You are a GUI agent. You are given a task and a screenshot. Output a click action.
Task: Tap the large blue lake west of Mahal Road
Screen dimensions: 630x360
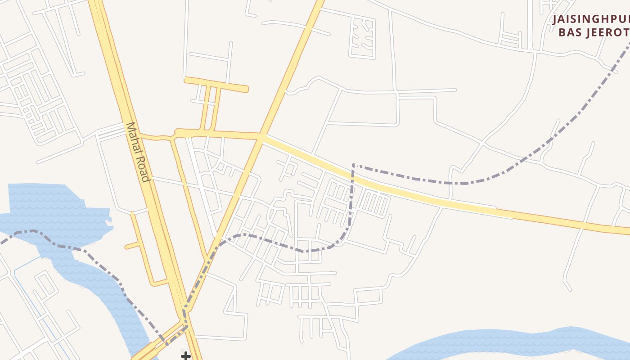click(x=58, y=211)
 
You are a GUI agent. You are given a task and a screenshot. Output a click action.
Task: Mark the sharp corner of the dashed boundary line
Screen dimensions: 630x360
click(x=354, y=165)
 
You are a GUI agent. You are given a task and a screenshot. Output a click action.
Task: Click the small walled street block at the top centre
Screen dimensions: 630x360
click(x=362, y=38)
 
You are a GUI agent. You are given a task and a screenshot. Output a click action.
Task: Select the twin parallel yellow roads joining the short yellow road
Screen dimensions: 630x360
click(x=210, y=108)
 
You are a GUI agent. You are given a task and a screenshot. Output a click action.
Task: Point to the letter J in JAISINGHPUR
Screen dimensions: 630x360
click(x=556, y=20)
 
